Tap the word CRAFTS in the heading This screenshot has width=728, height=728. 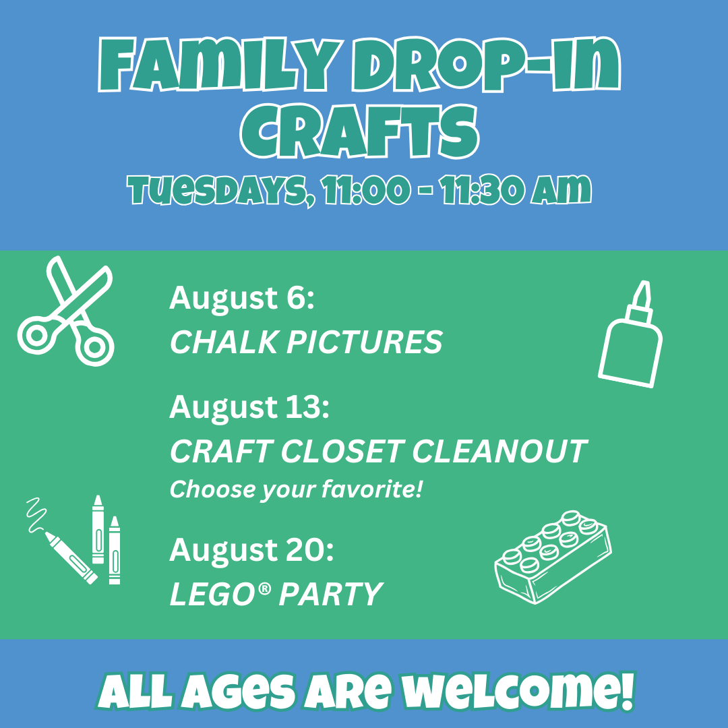(x=359, y=131)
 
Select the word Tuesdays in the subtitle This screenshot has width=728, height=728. (x=222, y=190)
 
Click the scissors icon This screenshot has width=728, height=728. (x=65, y=311)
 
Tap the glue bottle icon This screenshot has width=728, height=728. (x=630, y=334)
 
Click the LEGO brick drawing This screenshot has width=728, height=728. (x=553, y=557)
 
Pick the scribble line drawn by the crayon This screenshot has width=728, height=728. (x=36, y=514)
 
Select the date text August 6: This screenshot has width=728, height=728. (x=242, y=298)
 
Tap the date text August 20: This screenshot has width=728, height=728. (x=251, y=550)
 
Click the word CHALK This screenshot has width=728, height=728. (x=224, y=342)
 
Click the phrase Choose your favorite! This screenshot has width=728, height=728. (x=296, y=489)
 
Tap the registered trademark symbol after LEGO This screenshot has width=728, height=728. (x=264, y=588)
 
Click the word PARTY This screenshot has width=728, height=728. (x=330, y=594)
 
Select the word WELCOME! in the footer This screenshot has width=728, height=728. (x=518, y=692)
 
